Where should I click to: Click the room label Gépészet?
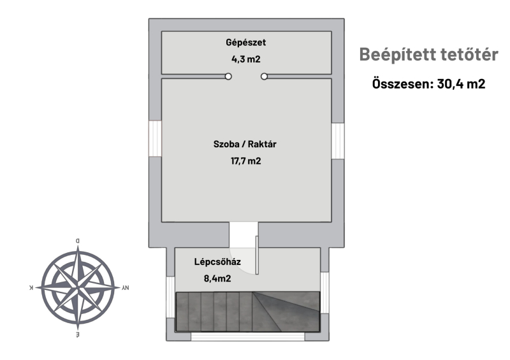click(246, 43)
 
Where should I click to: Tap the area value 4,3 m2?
click(246, 59)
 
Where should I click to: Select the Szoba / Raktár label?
click(245, 144)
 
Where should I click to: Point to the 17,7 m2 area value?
click(246, 161)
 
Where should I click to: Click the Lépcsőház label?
click(217, 262)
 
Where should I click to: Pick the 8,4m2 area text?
click(217, 278)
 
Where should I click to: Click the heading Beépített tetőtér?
click(428, 54)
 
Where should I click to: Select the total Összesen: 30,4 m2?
click(428, 84)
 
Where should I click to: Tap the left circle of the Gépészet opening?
click(228, 76)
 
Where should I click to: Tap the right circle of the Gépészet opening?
click(264, 76)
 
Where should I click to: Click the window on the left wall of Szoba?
click(155, 138)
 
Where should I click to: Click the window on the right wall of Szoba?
click(338, 141)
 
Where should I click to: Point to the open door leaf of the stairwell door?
click(257, 256)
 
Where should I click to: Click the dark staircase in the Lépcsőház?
click(248, 312)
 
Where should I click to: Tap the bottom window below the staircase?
click(248, 336)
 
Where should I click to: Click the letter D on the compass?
click(77, 241)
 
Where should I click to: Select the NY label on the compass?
click(126, 288)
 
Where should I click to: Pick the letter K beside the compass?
click(31, 287)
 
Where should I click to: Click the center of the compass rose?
click(78, 288)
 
